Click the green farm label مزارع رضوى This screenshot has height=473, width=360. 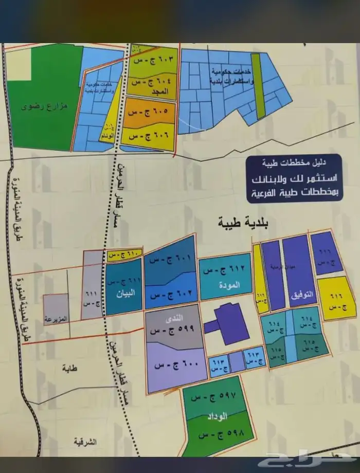coord(39,108)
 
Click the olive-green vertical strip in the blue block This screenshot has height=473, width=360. coord(261,84)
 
